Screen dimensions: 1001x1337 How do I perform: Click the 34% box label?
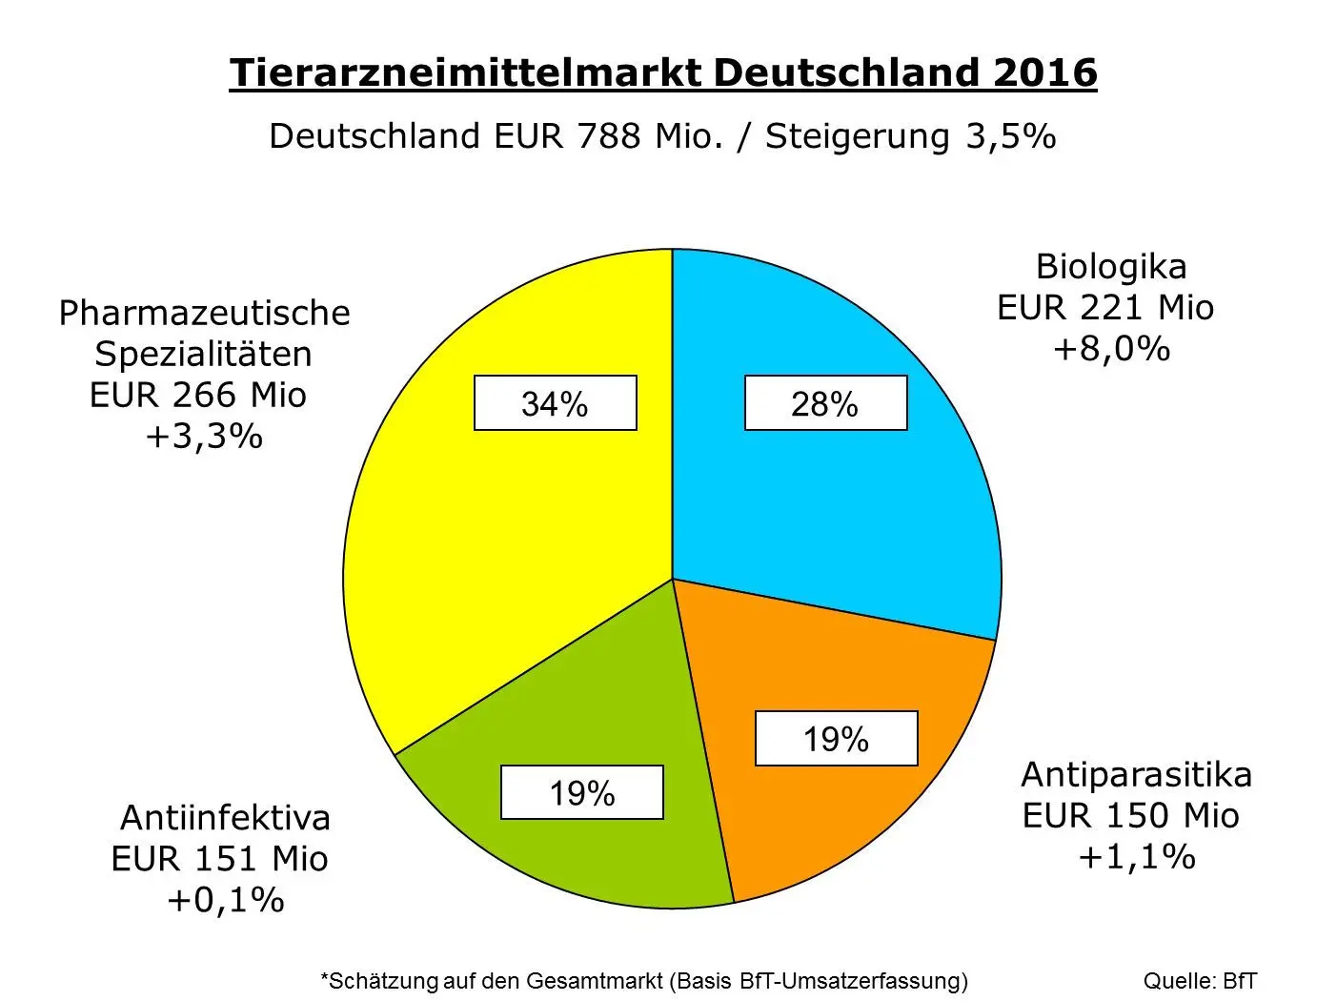tap(555, 404)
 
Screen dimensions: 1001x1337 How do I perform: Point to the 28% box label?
tap(825, 404)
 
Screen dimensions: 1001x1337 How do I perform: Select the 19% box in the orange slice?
tap(836, 739)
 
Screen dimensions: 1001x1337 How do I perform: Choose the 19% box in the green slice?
tap(581, 792)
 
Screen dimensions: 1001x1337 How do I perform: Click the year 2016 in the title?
tap(1044, 73)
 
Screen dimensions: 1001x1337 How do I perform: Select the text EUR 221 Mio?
tap(1105, 308)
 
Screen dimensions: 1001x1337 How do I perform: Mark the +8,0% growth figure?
tap(1111, 349)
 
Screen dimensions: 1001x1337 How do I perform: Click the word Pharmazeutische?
tap(205, 313)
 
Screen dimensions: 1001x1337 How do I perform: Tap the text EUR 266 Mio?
tap(198, 395)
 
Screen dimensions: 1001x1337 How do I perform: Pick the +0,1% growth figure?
tap(226, 900)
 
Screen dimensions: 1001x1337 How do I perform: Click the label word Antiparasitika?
tap(1136, 774)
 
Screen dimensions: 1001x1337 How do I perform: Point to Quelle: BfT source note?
tap(1200, 981)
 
